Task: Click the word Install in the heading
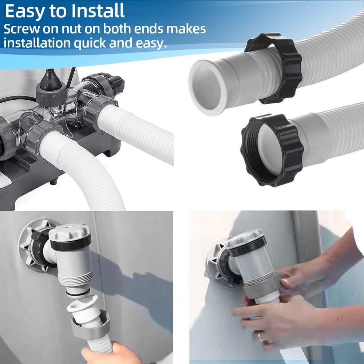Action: point(98,11)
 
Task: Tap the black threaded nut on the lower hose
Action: point(272,150)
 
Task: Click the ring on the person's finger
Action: point(260,337)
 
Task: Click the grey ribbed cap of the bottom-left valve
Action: point(70,232)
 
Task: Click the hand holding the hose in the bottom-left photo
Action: point(109,355)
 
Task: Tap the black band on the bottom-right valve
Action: point(248,247)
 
